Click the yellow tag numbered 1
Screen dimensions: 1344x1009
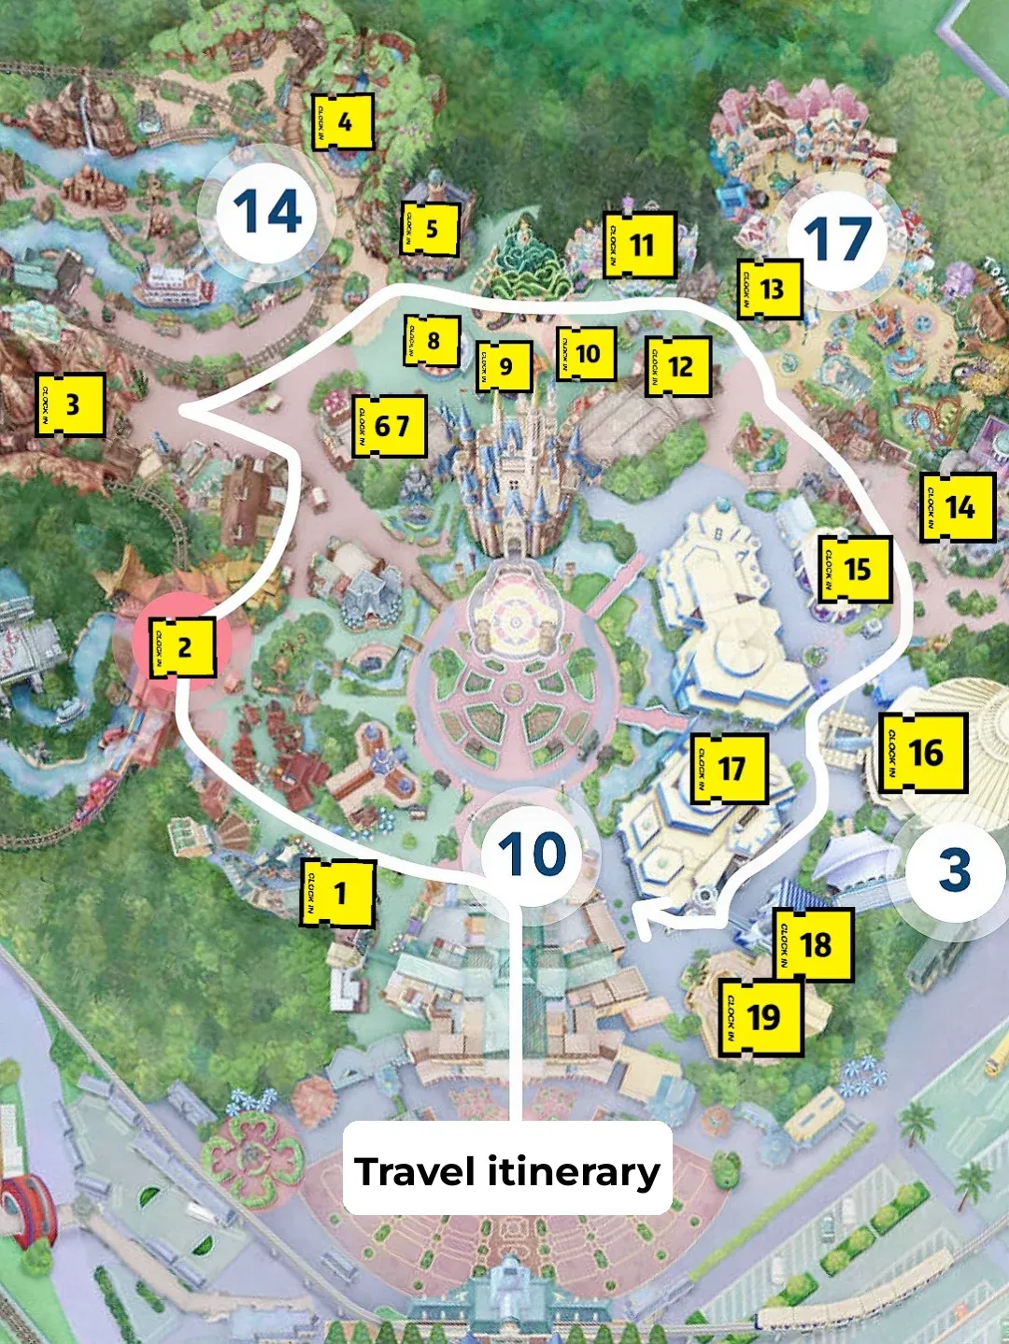coord(337,894)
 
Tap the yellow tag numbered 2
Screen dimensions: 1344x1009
coord(183,647)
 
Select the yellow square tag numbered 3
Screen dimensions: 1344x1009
coord(70,405)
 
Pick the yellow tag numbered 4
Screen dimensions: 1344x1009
coord(343,121)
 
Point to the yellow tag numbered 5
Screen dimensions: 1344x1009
coord(430,229)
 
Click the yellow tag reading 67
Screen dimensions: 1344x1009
coord(390,427)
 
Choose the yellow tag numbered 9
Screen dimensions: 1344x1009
coord(504,367)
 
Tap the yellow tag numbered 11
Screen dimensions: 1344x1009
coord(640,245)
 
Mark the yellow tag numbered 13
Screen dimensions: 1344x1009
coord(770,289)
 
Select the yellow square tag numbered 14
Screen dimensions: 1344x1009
coord(958,507)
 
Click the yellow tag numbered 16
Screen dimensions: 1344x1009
coord(923,753)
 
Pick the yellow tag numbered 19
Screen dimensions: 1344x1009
coord(760,1017)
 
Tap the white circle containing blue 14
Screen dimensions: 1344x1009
coord(268,212)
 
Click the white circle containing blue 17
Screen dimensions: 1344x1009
coord(837,240)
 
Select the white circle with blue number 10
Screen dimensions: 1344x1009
coord(532,854)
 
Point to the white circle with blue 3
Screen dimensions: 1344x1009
coord(953,870)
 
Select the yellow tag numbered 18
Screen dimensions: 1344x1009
coord(813,944)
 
